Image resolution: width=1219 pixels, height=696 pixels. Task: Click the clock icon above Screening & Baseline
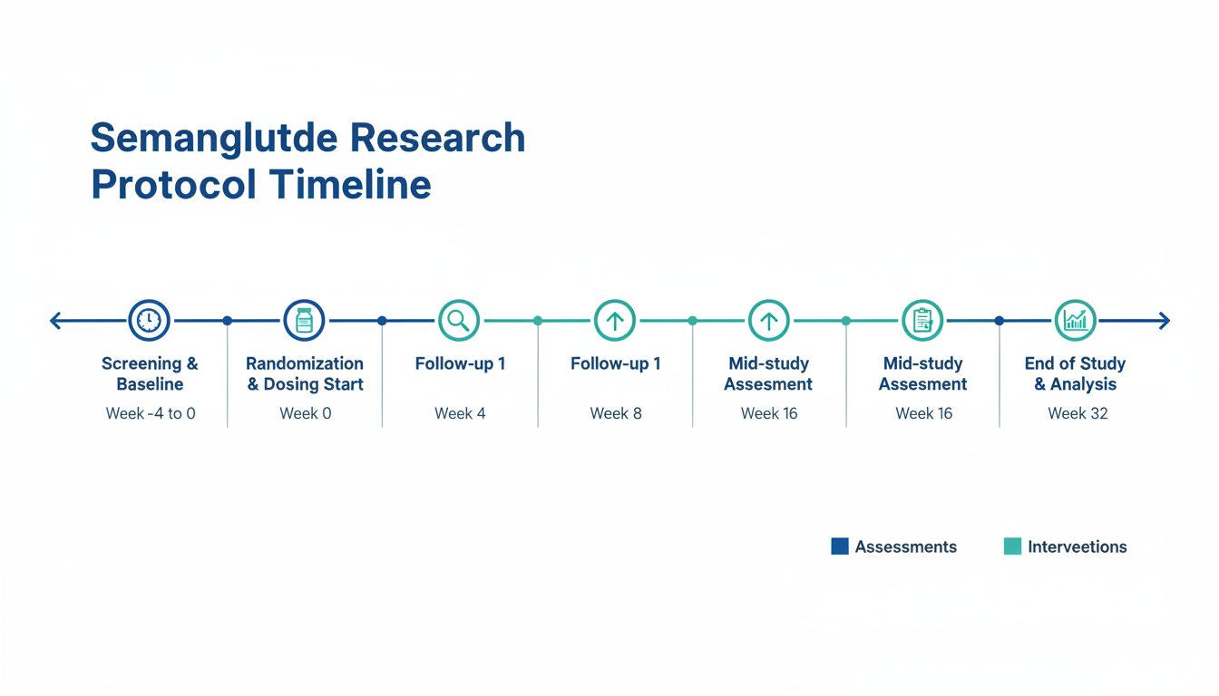[149, 320]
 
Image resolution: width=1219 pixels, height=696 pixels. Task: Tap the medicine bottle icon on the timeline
[304, 320]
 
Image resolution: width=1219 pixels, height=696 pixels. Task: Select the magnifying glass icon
[459, 320]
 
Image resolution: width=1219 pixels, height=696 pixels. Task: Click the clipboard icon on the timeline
[922, 320]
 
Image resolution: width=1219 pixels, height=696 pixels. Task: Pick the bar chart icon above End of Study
[1076, 320]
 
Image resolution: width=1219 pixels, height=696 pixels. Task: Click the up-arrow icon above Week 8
[614, 320]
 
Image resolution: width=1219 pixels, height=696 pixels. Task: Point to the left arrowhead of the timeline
[55, 320]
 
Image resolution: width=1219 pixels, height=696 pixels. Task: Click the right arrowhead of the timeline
[1164, 320]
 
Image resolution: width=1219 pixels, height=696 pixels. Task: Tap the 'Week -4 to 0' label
[151, 413]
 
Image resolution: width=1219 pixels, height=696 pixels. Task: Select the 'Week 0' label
[306, 413]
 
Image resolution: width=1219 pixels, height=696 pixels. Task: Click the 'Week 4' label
[460, 413]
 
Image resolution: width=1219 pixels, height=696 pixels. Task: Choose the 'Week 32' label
[1078, 413]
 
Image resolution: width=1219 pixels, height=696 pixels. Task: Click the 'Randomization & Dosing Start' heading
[305, 373]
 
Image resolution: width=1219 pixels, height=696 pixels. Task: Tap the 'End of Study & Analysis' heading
[1076, 373]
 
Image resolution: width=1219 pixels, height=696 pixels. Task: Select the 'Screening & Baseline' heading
[150, 373]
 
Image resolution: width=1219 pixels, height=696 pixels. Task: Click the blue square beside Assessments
[840, 546]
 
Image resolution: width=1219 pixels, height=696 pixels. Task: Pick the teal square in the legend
[1012, 546]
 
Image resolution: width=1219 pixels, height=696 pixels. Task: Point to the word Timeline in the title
[350, 184]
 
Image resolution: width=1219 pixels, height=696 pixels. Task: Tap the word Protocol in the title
[173, 184]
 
